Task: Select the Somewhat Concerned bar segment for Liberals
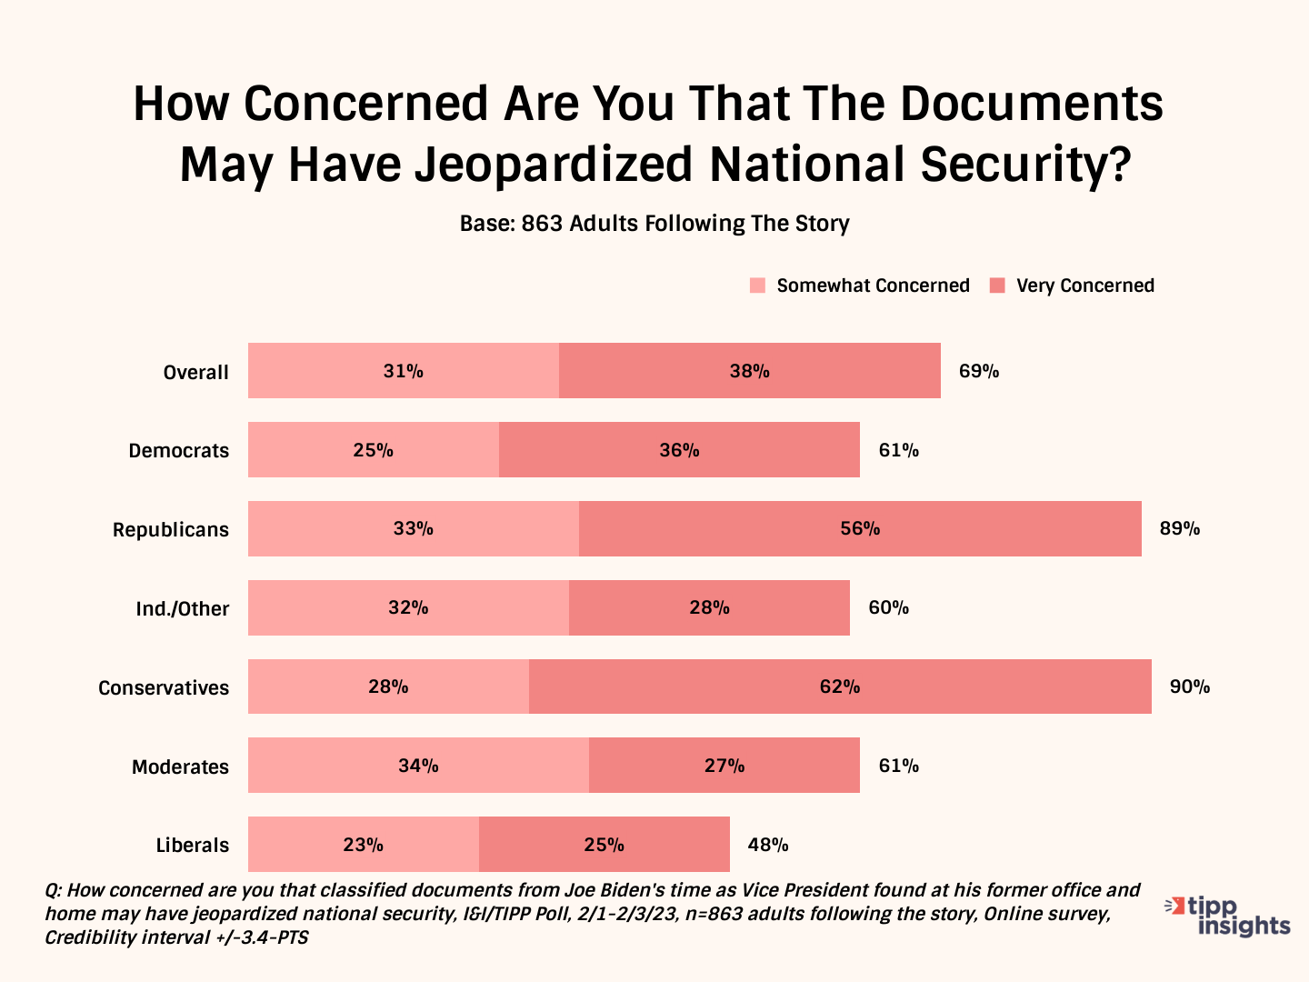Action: point(363,845)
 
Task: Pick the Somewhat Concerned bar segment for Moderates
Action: point(418,766)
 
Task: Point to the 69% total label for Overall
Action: point(979,371)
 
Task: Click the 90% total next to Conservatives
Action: point(1189,686)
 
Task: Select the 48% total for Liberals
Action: point(768,845)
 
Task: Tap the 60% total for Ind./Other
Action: point(888,607)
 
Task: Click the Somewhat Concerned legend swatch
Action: point(757,286)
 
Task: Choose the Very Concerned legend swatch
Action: point(997,286)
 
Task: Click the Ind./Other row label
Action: point(183,608)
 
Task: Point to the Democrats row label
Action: point(179,450)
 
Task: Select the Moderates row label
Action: point(181,767)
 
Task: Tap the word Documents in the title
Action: point(1032,104)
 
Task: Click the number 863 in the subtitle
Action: point(542,224)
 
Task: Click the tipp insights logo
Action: point(1229,916)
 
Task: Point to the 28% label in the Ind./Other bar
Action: point(709,607)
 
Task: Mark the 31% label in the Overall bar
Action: point(403,371)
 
